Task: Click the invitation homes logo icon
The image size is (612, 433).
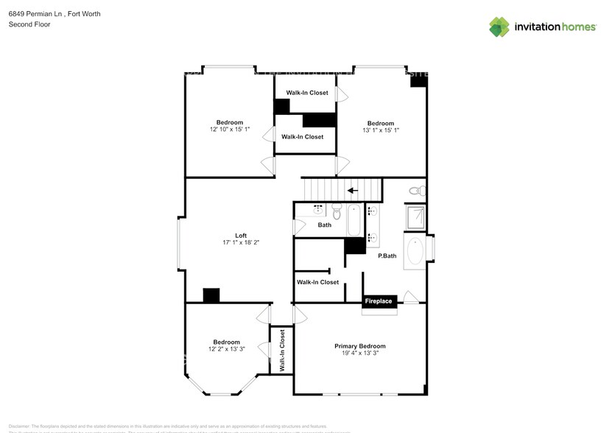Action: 499,27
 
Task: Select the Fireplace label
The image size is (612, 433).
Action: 380,301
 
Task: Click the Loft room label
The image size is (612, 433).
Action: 241,236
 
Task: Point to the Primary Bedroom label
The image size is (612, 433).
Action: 359,346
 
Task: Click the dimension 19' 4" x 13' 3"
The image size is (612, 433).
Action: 359,353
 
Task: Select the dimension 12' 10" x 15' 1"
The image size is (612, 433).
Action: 229,130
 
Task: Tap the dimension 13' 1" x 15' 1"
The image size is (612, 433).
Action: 380,130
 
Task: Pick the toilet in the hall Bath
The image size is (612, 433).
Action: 337,213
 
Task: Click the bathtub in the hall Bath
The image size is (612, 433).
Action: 354,219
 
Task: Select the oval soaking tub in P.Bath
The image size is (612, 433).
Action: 415,251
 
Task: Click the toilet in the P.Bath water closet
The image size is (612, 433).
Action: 416,191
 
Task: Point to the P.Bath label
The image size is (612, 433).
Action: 387,256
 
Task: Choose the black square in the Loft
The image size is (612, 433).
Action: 211,295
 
